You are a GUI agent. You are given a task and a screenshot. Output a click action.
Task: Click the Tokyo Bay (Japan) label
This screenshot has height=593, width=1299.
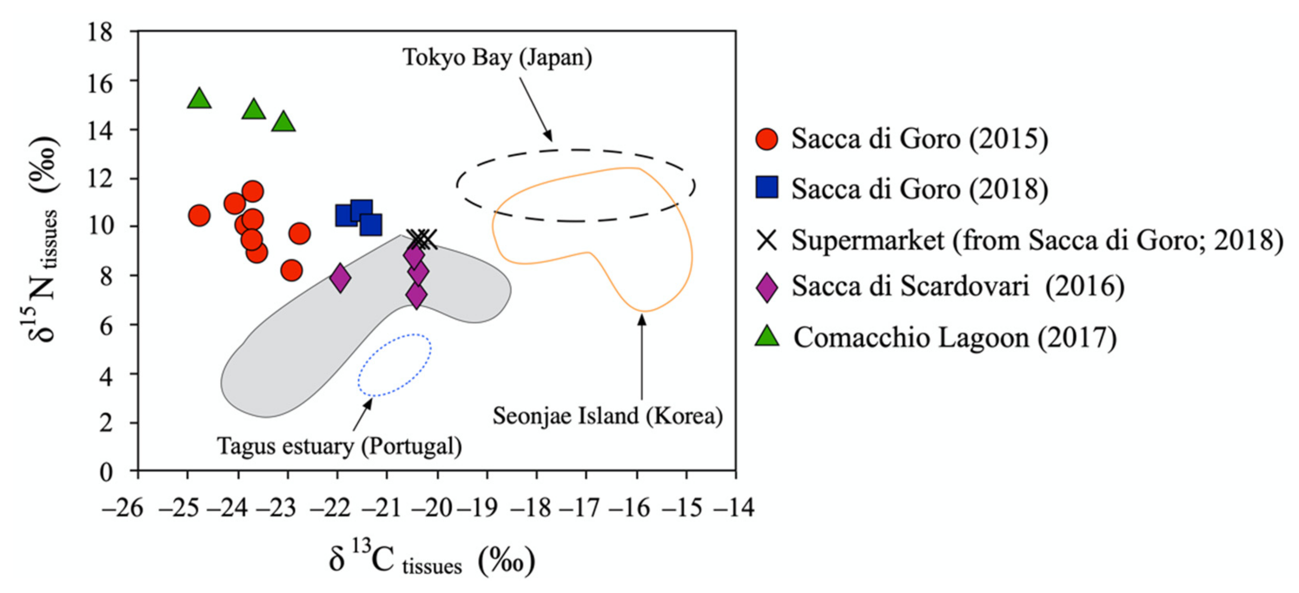coord(497,57)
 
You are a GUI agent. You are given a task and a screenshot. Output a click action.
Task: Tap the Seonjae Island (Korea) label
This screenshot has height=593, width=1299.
coord(607,416)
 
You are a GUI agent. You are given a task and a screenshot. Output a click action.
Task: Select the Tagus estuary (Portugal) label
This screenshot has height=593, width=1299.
coord(339,446)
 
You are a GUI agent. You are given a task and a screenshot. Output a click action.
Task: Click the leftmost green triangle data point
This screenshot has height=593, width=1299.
coord(199,99)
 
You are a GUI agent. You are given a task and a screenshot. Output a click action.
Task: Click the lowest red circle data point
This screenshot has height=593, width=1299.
coord(291,271)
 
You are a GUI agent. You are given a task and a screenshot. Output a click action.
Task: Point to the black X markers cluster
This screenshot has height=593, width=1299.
coord(423,239)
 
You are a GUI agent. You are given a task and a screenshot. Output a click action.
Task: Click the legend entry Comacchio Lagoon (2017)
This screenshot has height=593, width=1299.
coord(955,337)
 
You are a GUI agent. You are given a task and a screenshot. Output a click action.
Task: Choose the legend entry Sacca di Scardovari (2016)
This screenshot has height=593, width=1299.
coord(958,287)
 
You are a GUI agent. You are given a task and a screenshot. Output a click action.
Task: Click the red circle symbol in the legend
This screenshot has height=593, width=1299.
coord(766,139)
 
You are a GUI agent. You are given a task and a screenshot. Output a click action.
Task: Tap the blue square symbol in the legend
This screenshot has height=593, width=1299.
coord(766,187)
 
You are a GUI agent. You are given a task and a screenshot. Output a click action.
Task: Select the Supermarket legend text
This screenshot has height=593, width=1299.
coord(1037,240)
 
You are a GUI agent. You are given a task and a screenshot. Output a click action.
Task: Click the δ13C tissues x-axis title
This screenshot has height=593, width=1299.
coord(431,561)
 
